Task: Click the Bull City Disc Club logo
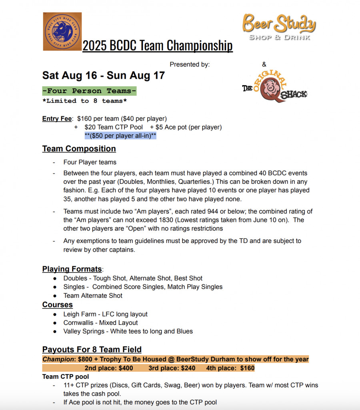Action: (x=62, y=31)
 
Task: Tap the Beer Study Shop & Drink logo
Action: (x=279, y=27)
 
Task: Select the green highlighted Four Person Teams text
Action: (x=89, y=91)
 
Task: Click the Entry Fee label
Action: (x=57, y=119)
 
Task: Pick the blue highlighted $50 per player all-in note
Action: (x=120, y=136)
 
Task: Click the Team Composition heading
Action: (x=79, y=149)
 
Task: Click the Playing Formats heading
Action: (x=72, y=269)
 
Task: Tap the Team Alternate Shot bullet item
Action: (x=93, y=296)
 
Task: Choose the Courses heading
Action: (x=58, y=305)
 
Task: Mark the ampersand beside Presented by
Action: (x=264, y=64)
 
